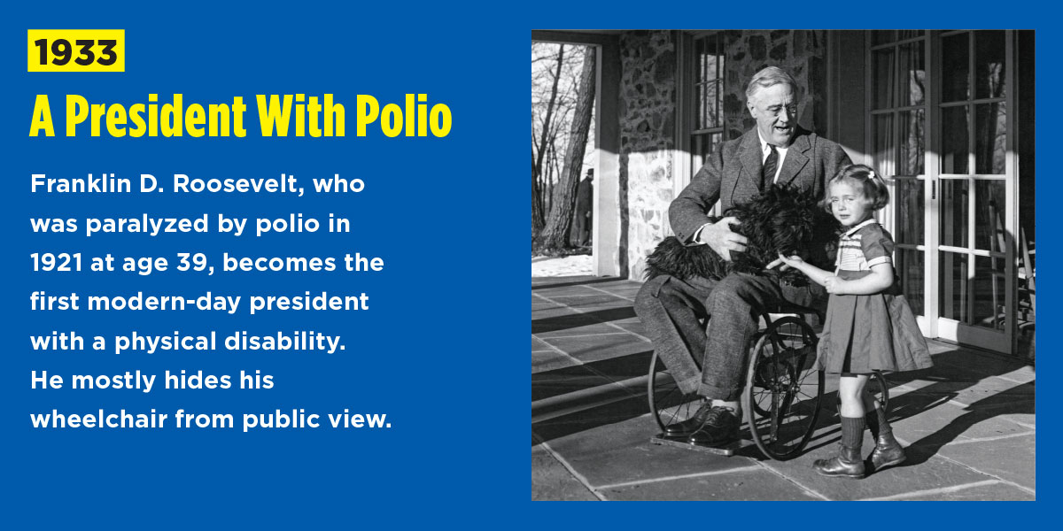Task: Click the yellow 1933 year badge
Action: tap(76, 50)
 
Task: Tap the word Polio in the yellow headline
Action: tap(404, 116)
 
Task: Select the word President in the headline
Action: tap(156, 116)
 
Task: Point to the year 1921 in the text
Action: tap(56, 263)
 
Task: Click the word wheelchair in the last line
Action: tap(98, 419)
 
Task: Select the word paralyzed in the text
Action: tap(147, 224)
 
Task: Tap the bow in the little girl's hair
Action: tap(872, 175)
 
